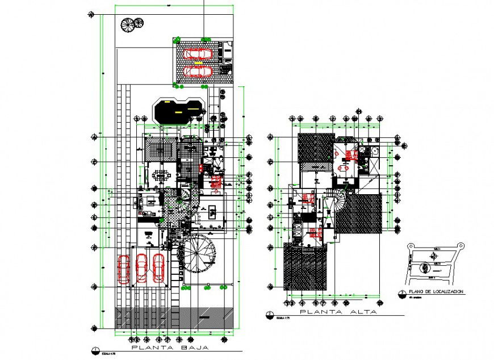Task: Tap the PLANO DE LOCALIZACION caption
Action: point(432,291)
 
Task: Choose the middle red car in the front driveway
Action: point(141,269)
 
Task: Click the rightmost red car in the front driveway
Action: point(158,269)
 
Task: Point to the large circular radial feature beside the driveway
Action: point(198,254)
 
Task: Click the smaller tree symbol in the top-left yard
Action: point(139,23)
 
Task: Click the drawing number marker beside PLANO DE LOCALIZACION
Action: point(401,293)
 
